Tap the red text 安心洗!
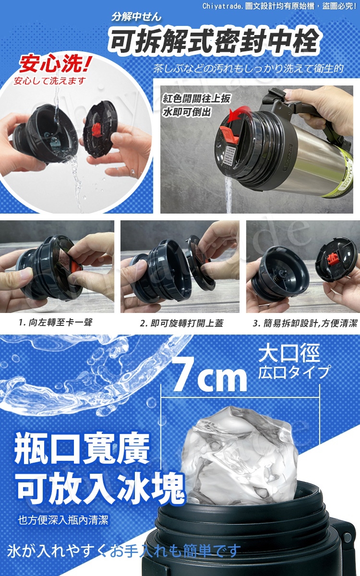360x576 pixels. (55, 64)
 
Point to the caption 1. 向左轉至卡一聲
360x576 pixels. (56, 322)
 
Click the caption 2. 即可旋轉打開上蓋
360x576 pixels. (181, 323)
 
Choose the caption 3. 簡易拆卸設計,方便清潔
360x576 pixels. (305, 323)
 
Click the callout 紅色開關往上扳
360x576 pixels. (197, 98)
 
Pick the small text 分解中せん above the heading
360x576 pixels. (136, 17)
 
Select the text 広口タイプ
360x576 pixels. (293, 372)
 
